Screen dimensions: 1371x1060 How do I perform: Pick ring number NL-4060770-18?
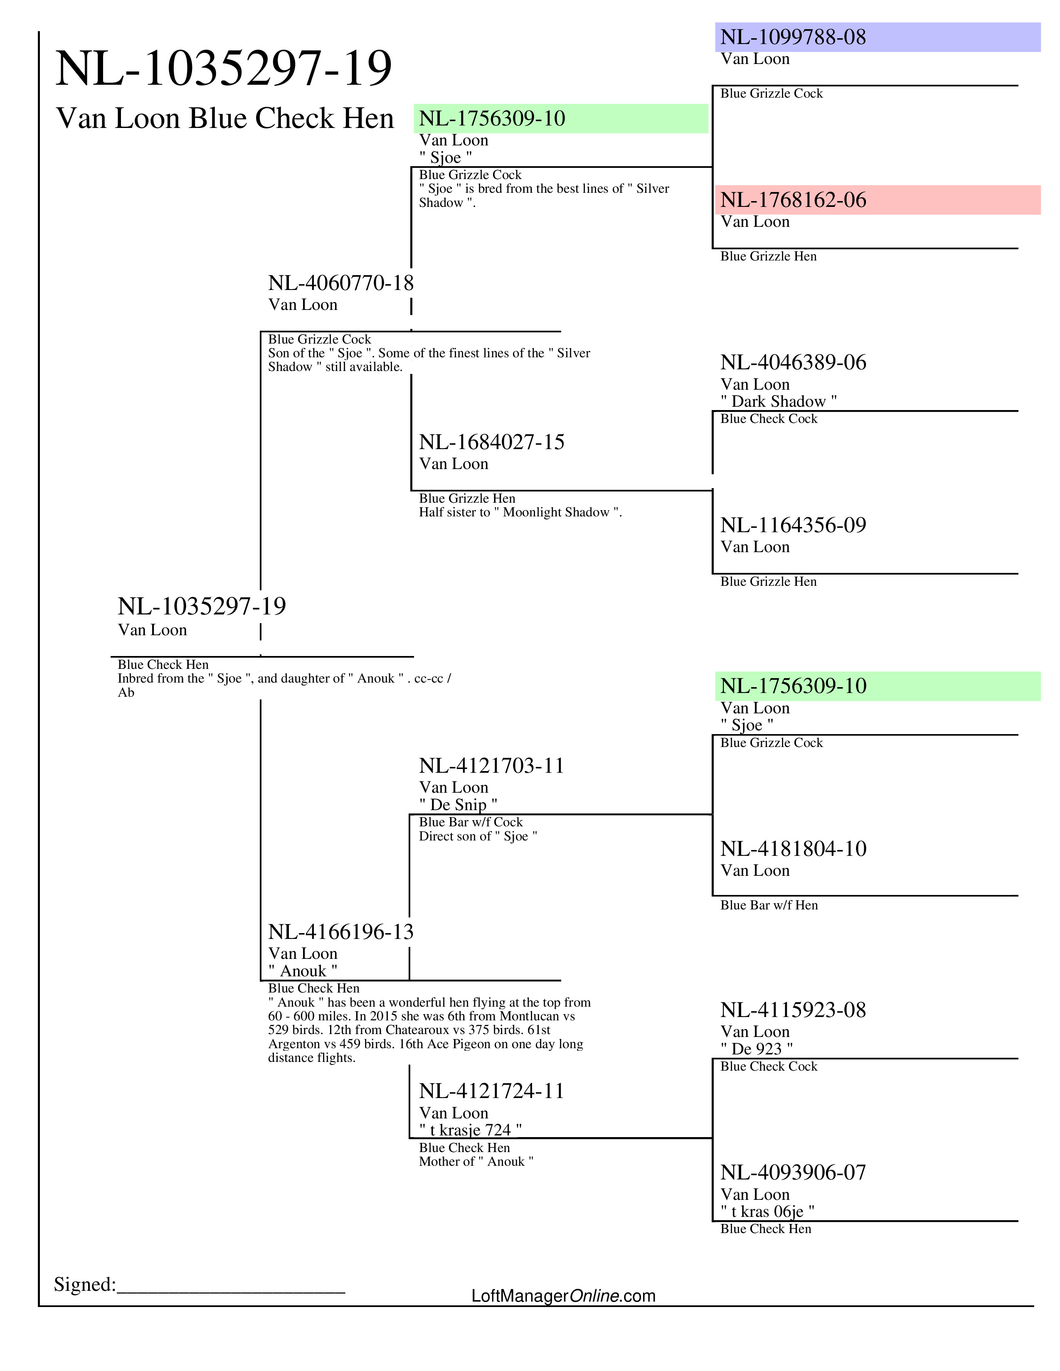coord(340,283)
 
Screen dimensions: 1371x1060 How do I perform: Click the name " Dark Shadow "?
coord(778,401)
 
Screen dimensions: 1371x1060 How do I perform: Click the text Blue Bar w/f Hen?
coord(769,905)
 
